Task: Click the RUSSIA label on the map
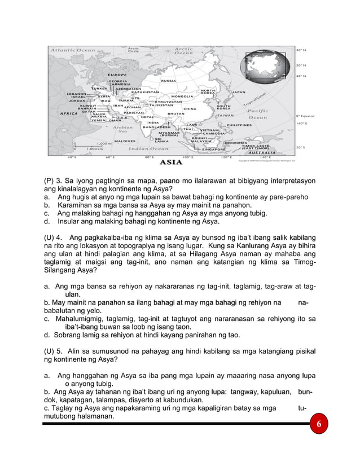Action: pyautogui.click(x=168, y=81)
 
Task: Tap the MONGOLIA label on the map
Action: pyautogui.click(x=182, y=96)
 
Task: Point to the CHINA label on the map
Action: pyautogui.click(x=190, y=108)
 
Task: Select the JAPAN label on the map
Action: pyautogui.click(x=239, y=91)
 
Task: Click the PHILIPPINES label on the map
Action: pyautogui.click(x=242, y=125)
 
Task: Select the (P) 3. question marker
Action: pyautogui.click(x=55, y=181)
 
